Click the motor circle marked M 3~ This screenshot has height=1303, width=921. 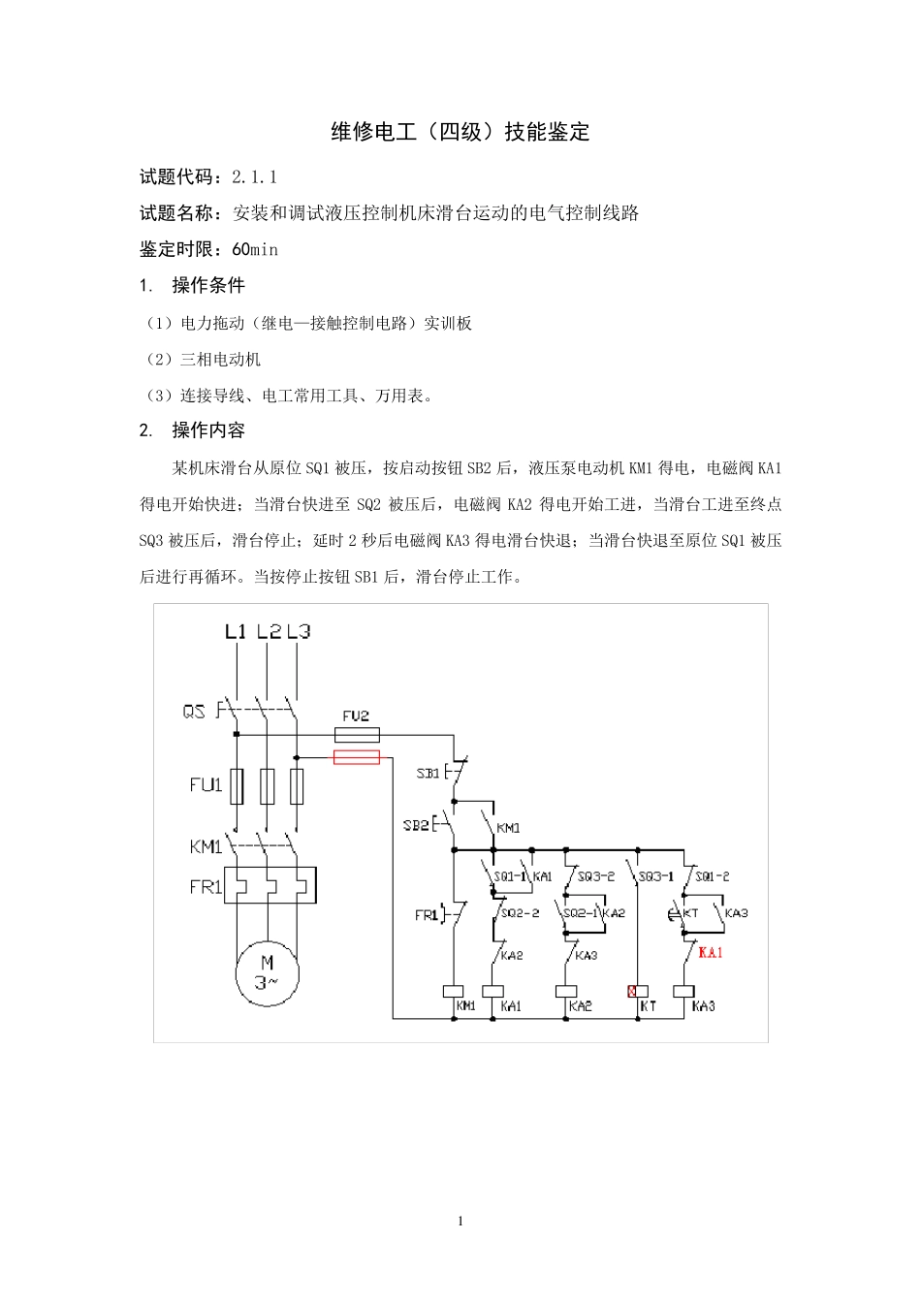[268, 972]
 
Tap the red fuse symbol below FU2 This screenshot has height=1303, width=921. [357, 757]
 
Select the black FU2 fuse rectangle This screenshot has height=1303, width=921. [357, 735]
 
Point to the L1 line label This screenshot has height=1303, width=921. [236, 632]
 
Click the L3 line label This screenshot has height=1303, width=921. [299, 632]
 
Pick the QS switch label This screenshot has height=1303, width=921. [194, 712]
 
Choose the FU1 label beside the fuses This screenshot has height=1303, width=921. [206, 784]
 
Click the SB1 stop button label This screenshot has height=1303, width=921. [428, 774]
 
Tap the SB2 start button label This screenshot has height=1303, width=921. [416, 825]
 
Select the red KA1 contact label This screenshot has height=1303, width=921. [711, 953]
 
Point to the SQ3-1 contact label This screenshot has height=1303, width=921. [656, 876]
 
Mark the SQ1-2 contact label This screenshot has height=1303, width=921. [713, 876]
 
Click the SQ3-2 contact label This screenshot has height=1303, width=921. [596, 876]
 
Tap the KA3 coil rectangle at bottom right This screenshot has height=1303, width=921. [683, 992]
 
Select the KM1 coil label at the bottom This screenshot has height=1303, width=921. [466, 1006]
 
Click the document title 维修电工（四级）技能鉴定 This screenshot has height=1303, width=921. [460, 132]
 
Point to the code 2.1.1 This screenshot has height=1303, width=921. [255, 176]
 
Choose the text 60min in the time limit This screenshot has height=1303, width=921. [255, 249]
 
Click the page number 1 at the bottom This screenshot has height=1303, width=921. [460, 1221]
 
